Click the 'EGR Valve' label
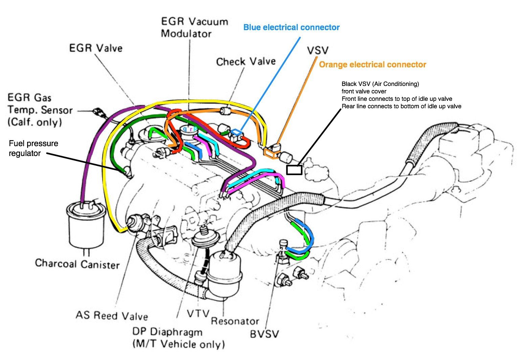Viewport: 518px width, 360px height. click(96, 48)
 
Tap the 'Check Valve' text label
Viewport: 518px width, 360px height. click(246, 62)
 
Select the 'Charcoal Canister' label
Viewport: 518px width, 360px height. click(77, 264)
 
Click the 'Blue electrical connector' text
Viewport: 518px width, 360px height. click(291, 27)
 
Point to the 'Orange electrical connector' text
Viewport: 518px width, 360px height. click(373, 65)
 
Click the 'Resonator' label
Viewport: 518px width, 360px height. click(235, 321)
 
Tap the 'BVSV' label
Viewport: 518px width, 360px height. click(265, 334)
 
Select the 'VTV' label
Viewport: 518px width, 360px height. click(198, 314)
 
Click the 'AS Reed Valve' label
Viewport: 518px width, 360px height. click(112, 316)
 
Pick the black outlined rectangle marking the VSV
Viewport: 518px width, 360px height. click(294, 170)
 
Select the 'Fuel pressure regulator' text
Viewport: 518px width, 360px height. click(33, 148)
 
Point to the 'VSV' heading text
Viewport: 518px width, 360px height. click(317, 50)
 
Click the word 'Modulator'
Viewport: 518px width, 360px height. click(186, 34)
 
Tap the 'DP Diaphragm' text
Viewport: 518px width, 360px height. click(167, 332)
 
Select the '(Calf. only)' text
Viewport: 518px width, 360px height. click(35, 122)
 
